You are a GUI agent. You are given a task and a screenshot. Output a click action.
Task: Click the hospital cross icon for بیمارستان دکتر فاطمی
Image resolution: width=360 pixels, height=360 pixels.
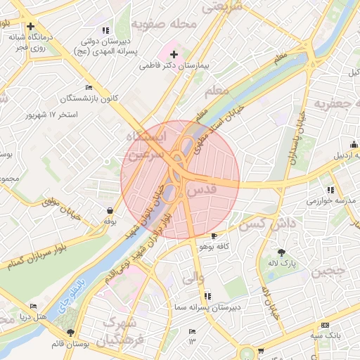click(x=173, y=54)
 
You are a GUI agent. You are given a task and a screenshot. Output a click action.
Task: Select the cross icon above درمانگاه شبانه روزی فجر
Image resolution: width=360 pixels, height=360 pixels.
click(x=31, y=27)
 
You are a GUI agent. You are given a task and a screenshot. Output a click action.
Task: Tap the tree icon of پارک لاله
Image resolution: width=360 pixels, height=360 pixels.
click(x=281, y=252)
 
